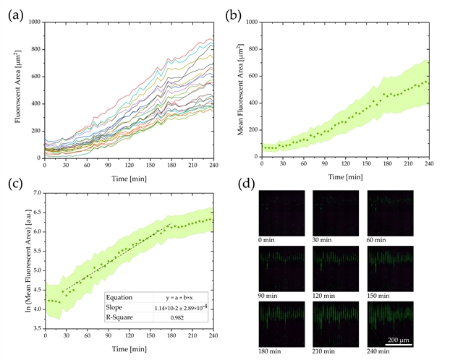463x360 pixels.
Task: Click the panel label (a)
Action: tap(14, 13)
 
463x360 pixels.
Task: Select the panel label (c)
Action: tap(14, 182)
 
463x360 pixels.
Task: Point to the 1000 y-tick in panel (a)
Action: tap(33, 22)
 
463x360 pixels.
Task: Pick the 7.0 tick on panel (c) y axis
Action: tap(36, 194)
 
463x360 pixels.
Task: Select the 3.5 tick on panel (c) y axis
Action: tap(36, 328)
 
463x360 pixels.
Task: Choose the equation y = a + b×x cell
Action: tap(181, 296)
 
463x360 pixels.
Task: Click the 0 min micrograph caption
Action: tap(271, 239)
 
